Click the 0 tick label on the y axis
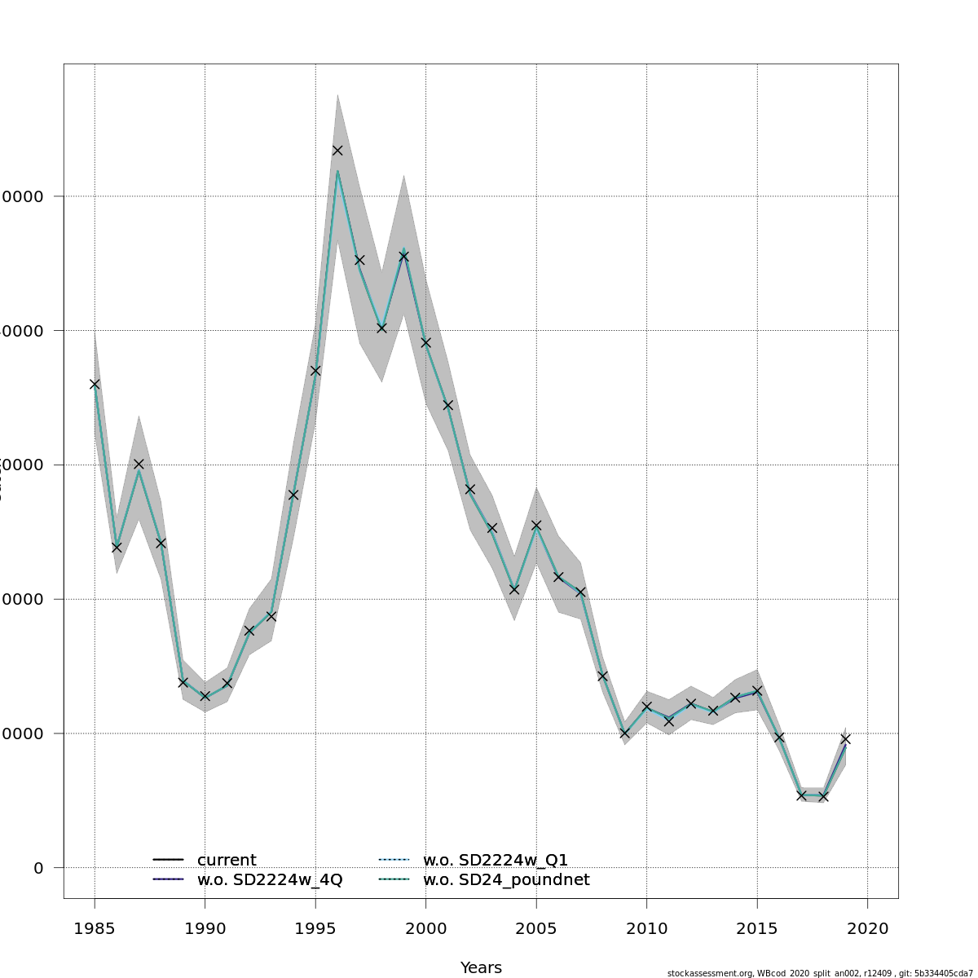[38, 868]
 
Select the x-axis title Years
[481, 968]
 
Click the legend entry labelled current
[226, 861]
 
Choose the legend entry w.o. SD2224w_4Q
[269, 880]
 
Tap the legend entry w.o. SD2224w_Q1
[495, 861]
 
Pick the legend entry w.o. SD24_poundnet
[505, 880]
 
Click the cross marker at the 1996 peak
[337, 151]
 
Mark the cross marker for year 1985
[95, 384]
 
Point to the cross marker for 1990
[205, 696]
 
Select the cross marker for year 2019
[845, 738]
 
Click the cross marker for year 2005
[536, 526]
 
